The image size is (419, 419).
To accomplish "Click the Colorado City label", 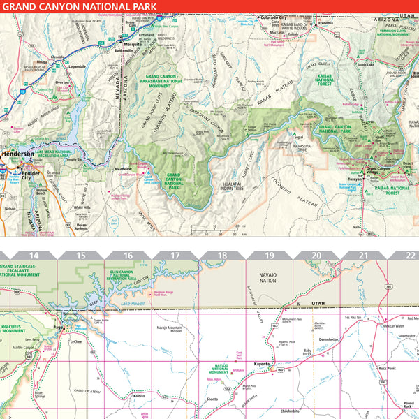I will click(275, 17).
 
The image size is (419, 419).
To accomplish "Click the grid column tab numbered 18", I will click(222, 256).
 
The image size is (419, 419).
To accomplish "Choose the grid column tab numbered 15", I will click(81, 256).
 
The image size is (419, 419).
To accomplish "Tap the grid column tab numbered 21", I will click(363, 256).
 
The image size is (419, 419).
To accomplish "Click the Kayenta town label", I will click(261, 364).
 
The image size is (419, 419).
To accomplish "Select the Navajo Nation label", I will click(268, 277).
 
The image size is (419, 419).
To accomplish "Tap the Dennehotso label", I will click(328, 340).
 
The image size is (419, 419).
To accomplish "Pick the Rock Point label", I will click(388, 368).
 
